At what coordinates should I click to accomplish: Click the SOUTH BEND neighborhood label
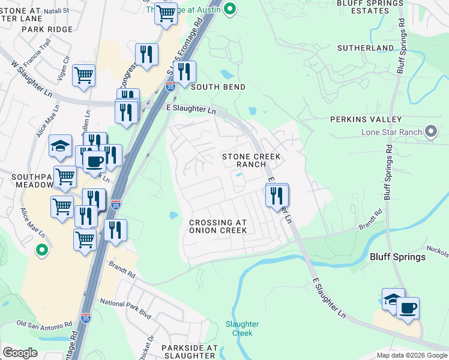tap(218, 87)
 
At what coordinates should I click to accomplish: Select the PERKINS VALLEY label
tap(366, 119)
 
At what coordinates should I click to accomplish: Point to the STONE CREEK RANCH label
tap(252, 160)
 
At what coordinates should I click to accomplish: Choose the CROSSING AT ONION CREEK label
tap(218, 226)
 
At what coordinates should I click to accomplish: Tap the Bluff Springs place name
tap(397, 257)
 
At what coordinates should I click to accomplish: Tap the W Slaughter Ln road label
tap(32, 79)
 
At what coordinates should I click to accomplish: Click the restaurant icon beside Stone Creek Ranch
tap(277, 195)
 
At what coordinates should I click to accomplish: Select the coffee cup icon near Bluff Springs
tap(408, 308)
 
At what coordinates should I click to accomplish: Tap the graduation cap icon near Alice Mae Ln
tap(60, 146)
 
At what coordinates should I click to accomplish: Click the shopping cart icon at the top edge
tap(166, 12)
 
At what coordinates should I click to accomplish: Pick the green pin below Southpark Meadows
tap(41, 250)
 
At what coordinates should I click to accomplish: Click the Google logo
tap(20, 353)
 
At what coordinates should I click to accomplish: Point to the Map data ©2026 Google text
tap(411, 355)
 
